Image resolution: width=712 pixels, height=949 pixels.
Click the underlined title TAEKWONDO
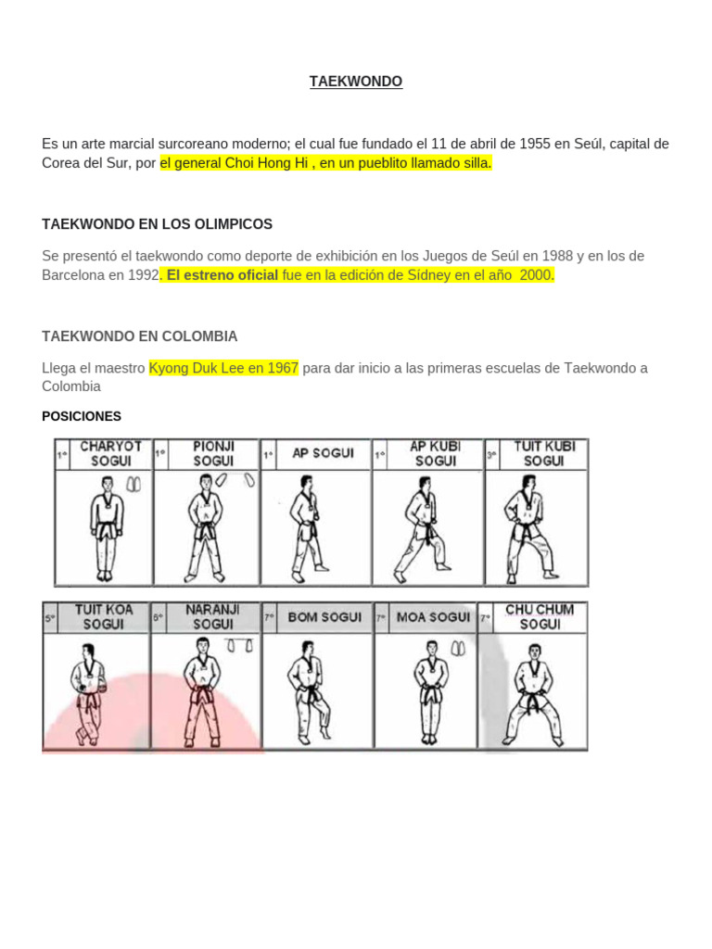pos(356,82)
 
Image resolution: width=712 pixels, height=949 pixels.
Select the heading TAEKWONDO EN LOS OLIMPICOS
pos(158,224)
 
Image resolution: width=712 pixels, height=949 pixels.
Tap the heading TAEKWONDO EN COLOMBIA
pos(140,335)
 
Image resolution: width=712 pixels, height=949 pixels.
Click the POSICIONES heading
pos(82,416)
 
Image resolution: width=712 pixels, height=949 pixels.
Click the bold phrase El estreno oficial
pos(222,274)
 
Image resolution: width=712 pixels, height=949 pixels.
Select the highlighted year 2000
pos(535,274)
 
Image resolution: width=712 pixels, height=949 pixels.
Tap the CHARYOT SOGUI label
pos(110,453)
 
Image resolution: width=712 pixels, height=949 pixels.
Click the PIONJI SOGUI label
pos(213,453)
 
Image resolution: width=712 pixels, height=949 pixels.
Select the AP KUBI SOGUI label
pos(435,453)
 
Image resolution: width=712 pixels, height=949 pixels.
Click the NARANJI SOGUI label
pos(212,617)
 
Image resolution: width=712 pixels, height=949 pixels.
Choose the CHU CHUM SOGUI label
pos(540,617)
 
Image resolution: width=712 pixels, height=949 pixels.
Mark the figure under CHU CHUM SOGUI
pos(533,695)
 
